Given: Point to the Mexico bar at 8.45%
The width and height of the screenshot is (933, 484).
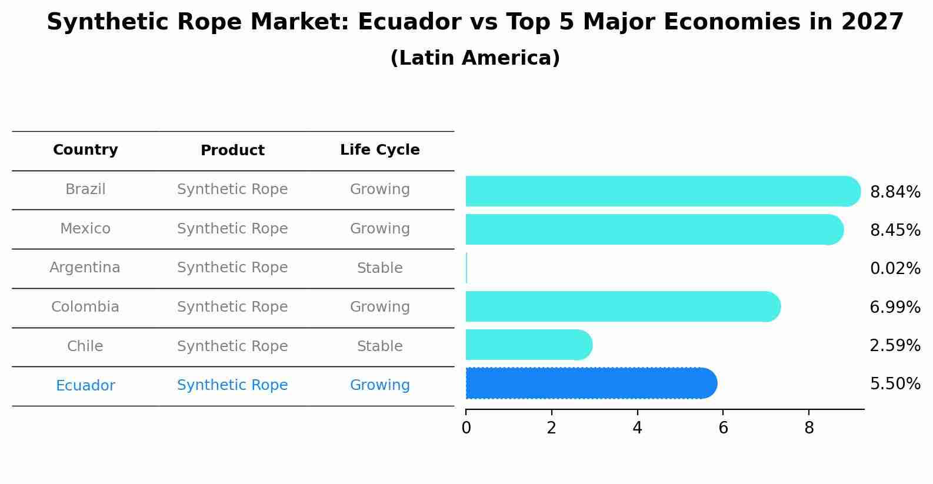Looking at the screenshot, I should [654, 229].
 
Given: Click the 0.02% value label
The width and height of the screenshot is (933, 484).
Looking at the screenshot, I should [895, 269].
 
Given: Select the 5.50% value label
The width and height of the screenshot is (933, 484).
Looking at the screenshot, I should [895, 384].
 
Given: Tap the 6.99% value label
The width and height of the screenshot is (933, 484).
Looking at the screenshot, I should [895, 307].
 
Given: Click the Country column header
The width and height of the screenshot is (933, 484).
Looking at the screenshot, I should [85, 150].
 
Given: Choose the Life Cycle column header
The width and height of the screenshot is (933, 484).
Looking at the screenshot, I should [379, 150].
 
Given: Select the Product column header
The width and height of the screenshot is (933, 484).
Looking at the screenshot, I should [232, 151].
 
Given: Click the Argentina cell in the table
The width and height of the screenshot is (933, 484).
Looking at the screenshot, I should [85, 268].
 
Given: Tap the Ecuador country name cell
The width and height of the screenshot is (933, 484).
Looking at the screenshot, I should [85, 386].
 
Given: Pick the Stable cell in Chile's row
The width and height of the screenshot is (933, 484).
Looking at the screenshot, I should [379, 346].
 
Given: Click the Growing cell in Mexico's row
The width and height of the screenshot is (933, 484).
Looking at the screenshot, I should [379, 229].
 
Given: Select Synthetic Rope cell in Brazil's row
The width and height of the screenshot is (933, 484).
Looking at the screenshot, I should [232, 189].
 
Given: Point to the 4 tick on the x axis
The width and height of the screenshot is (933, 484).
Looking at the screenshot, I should [637, 428].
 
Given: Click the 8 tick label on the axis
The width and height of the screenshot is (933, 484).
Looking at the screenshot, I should [809, 428].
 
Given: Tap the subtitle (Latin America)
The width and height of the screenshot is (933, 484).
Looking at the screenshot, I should [475, 58].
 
